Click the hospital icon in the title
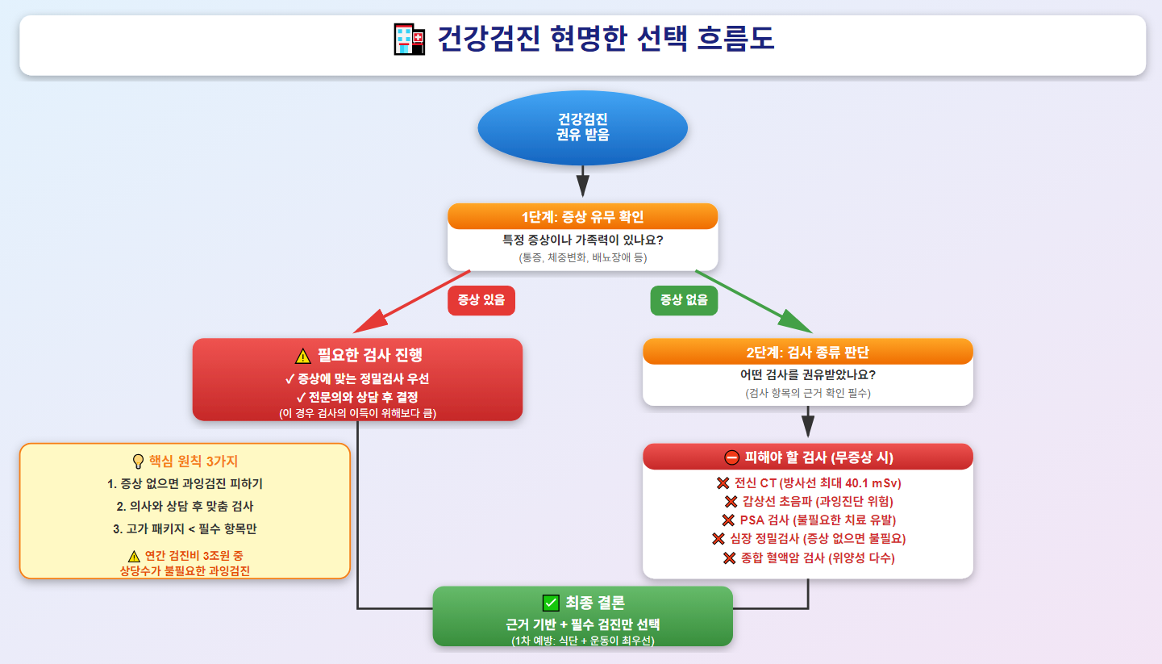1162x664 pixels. (x=410, y=40)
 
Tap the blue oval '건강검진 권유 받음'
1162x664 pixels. (x=582, y=127)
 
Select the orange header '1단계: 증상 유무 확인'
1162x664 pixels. (x=582, y=216)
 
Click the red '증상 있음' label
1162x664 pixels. (x=481, y=300)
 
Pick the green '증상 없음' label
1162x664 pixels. (x=684, y=300)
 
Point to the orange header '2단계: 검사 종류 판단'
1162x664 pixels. (x=807, y=352)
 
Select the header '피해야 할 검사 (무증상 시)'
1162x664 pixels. (x=807, y=457)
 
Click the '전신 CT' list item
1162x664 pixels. (x=807, y=483)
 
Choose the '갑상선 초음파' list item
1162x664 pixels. (x=807, y=502)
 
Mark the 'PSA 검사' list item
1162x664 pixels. (x=807, y=520)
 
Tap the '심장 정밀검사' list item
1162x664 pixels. (x=807, y=539)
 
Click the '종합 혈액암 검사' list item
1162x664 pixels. (x=807, y=558)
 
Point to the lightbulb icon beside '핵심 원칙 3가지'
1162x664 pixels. (x=138, y=461)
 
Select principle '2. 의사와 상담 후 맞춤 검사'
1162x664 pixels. (x=185, y=507)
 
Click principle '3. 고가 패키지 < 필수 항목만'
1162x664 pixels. (x=185, y=529)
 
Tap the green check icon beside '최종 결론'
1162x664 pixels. (x=552, y=603)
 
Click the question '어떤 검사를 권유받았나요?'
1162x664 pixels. (x=807, y=375)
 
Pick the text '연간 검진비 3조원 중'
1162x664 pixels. (x=193, y=556)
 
